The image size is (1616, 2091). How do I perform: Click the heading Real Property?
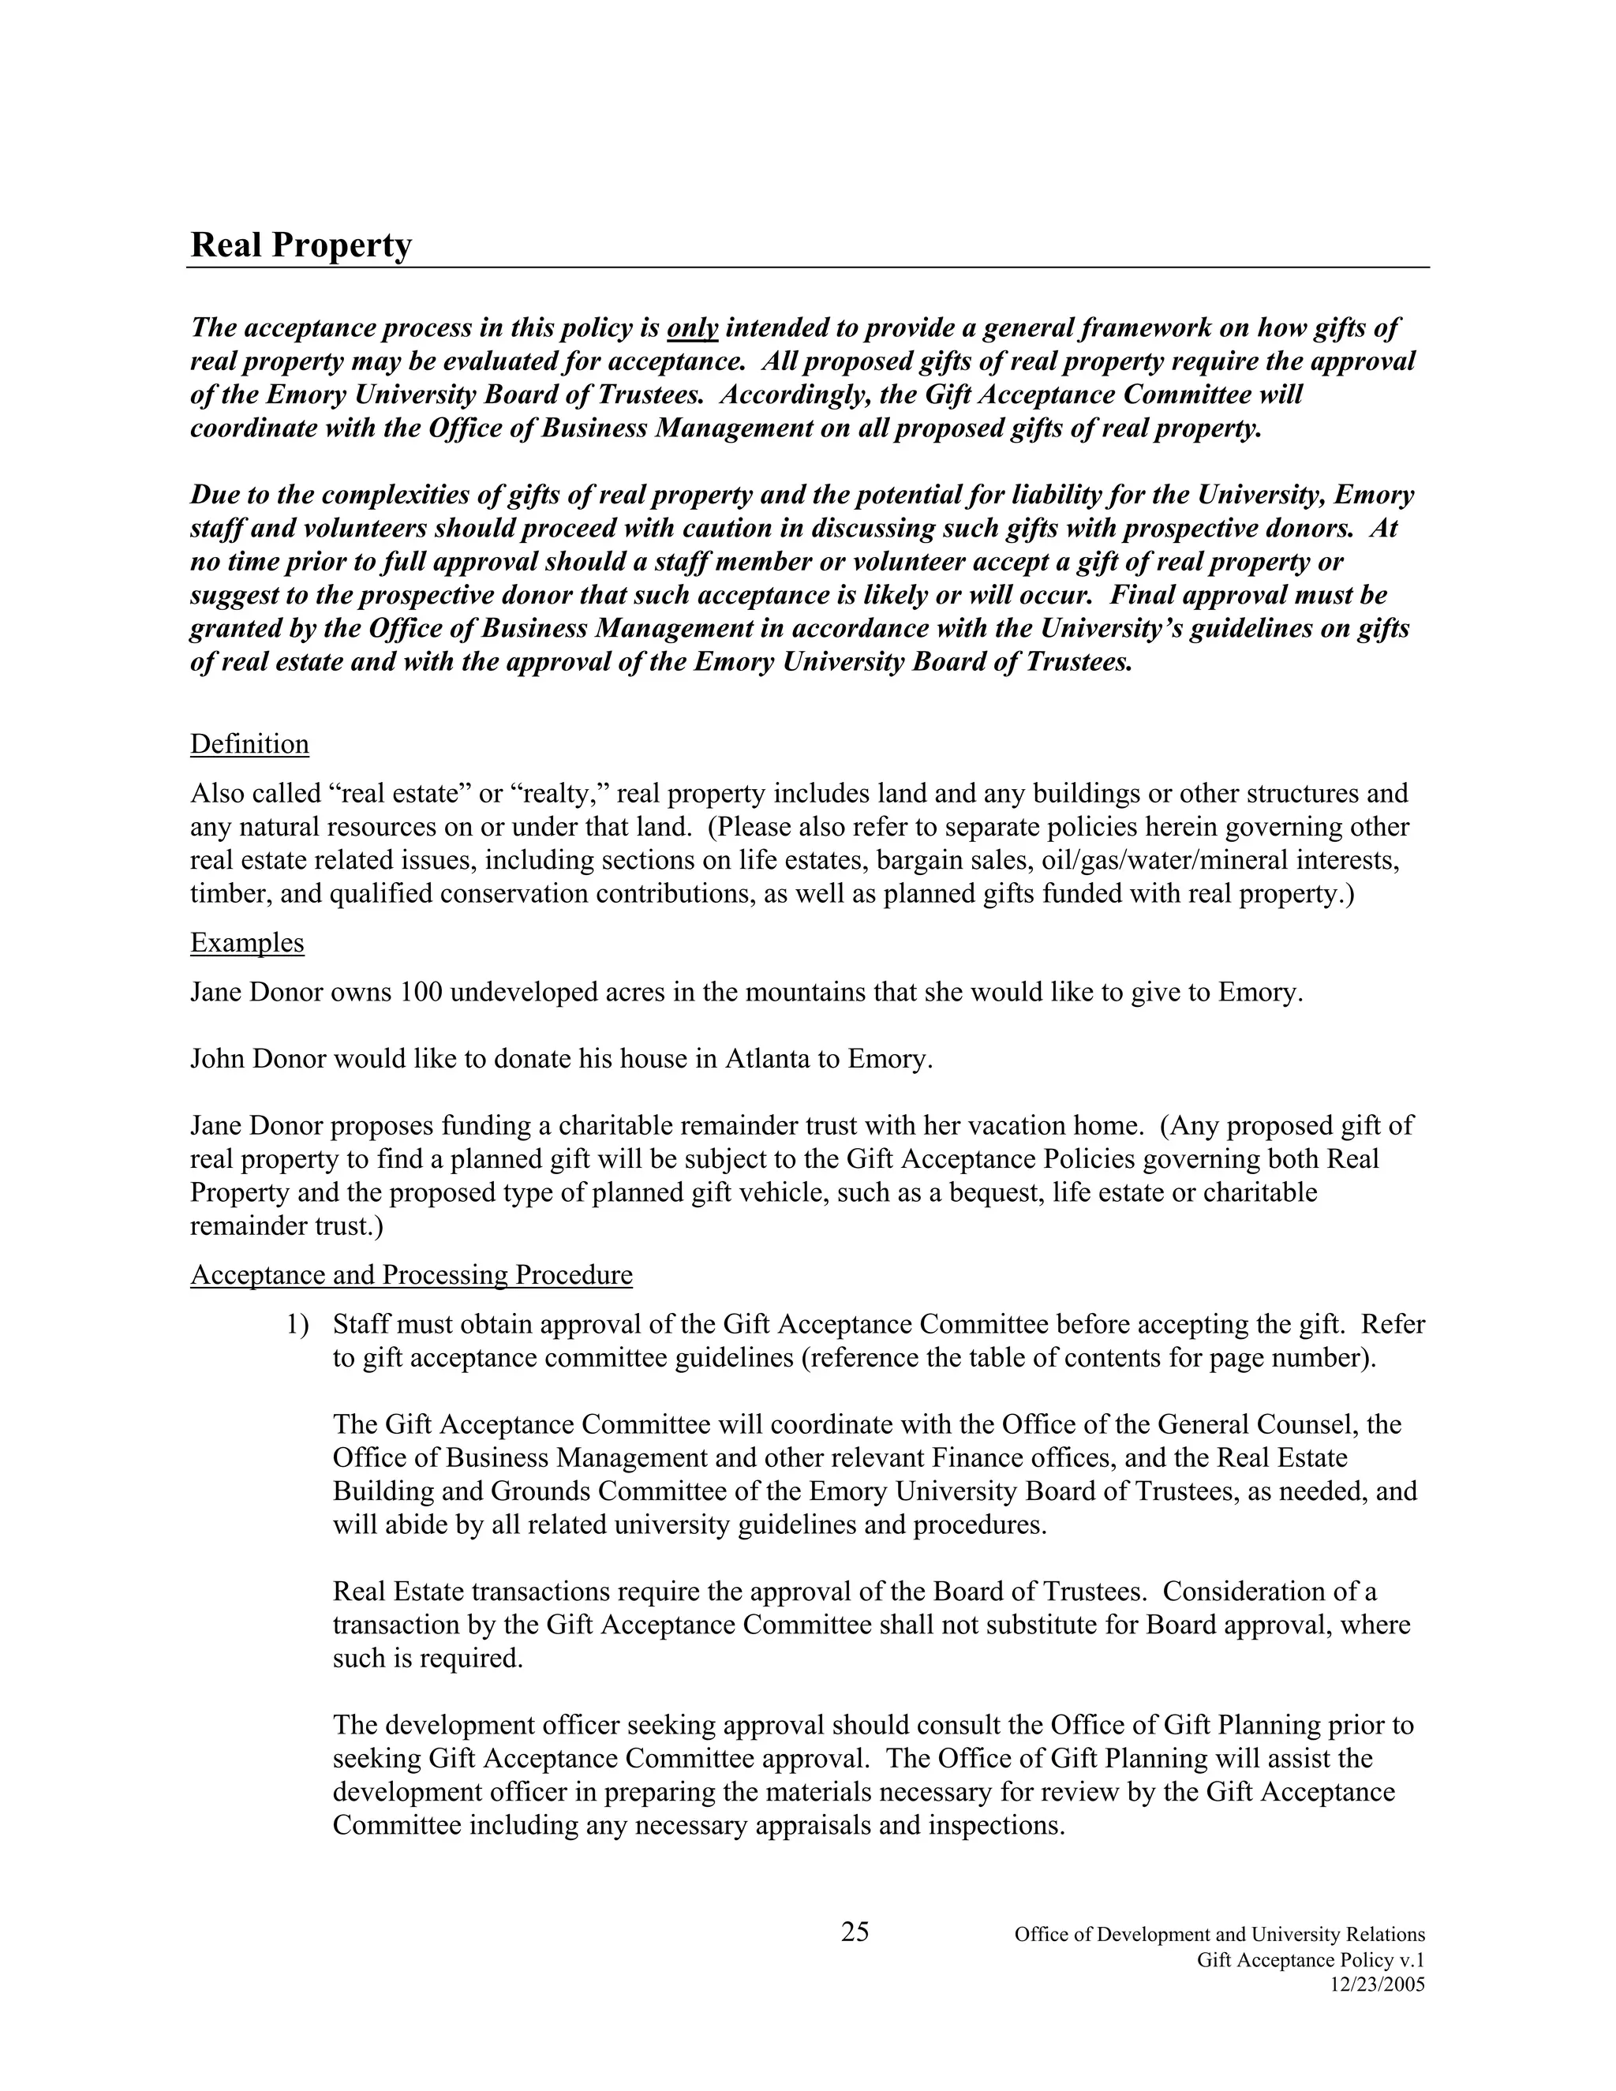coord(301,245)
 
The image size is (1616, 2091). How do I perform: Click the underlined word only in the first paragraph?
coord(692,328)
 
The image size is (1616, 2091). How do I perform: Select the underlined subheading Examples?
coord(247,943)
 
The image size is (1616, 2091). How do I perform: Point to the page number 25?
coord(855,1932)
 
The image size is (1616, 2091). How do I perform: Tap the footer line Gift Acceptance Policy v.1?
coord(1311,1960)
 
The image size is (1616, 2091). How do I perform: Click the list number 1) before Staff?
coord(297,1325)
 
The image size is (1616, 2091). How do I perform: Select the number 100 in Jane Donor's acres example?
coord(421,992)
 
